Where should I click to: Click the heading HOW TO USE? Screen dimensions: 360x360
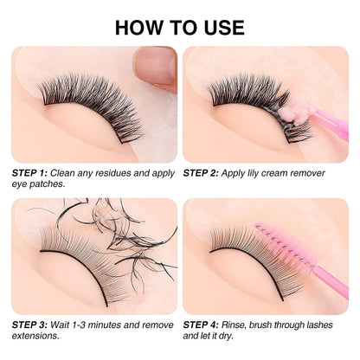tap(179, 25)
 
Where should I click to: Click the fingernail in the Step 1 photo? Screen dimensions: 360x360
tap(156, 65)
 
